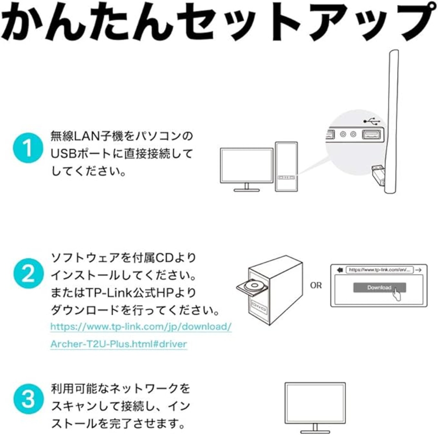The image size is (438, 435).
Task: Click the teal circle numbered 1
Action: click(28, 148)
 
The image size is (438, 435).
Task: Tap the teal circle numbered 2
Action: click(28, 274)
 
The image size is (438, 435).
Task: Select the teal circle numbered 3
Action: click(28, 399)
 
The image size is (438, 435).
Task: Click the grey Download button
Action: click(379, 287)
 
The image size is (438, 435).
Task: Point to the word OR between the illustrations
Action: click(316, 285)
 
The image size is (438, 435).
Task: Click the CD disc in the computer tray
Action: click(254, 285)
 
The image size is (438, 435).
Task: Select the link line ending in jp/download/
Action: click(141, 327)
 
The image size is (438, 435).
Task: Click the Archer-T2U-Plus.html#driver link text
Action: click(118, 344)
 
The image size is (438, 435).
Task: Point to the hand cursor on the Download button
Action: click(397, 294)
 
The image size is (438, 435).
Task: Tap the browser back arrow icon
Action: click(339, 270)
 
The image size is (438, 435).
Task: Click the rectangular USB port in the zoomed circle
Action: click(371, 134)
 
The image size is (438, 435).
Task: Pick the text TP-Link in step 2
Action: click(106, 293)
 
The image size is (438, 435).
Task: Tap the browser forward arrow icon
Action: click(418, 270)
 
